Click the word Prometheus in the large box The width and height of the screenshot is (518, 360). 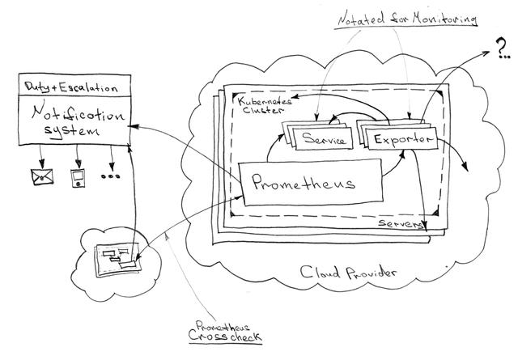point(304,182)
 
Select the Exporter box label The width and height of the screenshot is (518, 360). point(403,139)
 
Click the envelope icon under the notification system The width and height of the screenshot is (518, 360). point(42,176)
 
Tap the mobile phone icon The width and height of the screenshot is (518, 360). point(78,178)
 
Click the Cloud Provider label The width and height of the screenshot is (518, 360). point(348,272)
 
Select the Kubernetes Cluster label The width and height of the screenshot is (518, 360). point(264,105)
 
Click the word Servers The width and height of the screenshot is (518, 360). point(401,223)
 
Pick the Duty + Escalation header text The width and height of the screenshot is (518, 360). point(71,87)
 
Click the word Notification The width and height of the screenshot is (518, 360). point(78,113)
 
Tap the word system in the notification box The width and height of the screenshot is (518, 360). point(72,130)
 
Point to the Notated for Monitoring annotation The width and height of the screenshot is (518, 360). point(408,18)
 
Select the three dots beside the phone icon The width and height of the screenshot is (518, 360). point(110,176)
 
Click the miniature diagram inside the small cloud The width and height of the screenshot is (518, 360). point(118,260)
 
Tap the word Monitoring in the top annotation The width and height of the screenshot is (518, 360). point(444,18)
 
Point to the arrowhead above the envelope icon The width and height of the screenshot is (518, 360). point(41,163)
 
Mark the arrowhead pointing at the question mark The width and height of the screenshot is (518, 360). point(485,53)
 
